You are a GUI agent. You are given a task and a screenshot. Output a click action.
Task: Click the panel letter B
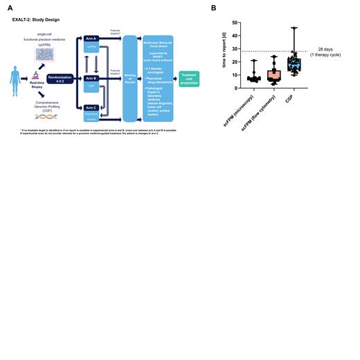pyautogui.click(x=213, y=8)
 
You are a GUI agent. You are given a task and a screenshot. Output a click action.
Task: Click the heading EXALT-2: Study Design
pyautogui.click(x=35, y=20)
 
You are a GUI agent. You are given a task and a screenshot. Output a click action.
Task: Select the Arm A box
pyautogui.click(x=91, y=37)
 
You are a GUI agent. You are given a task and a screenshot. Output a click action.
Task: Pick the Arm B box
pyautogui.click(x=91, y=78)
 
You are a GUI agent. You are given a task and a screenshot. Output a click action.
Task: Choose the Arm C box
pyautogui.click(x=91, y=108)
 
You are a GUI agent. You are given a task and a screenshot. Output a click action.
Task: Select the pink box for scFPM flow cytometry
pyautogui.click(x=273, y=75)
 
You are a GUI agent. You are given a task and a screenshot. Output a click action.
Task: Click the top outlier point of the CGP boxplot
pyautogui.click(x=294, y=28)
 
